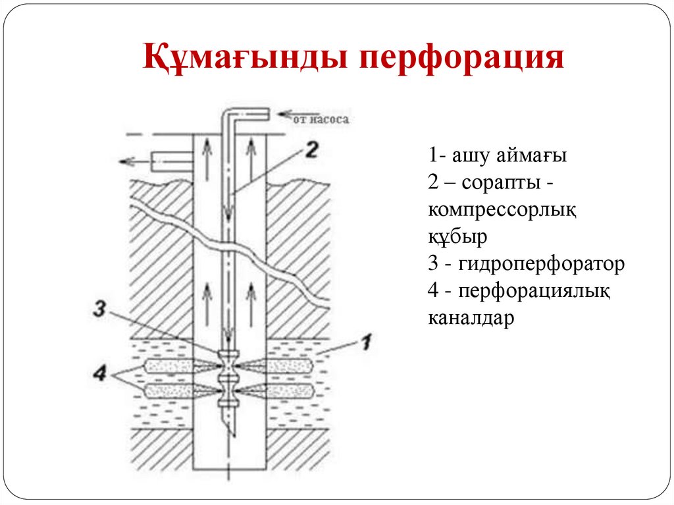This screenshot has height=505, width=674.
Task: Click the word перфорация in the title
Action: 463,57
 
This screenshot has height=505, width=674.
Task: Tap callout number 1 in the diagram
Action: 367,342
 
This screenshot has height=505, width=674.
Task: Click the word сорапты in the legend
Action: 498,183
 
